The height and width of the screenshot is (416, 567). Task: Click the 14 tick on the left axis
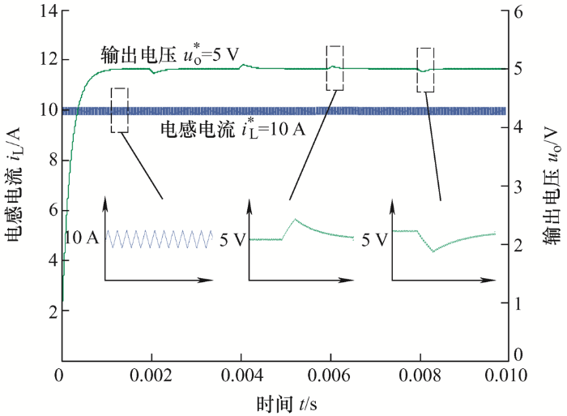[x=49, y=11]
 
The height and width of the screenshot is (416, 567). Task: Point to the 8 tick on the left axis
[x=53, y=160]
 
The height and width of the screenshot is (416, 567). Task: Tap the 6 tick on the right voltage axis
[x=518, y=12]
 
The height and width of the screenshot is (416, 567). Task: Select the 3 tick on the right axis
[x=518, y=187]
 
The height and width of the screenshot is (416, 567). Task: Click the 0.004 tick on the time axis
[x=241, y=375]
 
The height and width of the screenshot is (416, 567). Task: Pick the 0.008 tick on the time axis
[x=420, y=375]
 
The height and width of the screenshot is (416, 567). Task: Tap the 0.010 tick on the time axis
[x=506, y=375]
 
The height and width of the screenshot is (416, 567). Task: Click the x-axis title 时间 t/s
[x=287, y=404]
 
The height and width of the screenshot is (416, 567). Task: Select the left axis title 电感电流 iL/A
[x=14, y=185]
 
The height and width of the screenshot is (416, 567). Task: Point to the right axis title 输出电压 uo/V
[x=552, y=186]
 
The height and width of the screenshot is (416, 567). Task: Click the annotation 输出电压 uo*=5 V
[x=170, y=55]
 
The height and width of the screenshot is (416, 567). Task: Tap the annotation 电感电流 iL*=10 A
[x=233, y=130]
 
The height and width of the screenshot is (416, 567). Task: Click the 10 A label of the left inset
[x=82, y=238]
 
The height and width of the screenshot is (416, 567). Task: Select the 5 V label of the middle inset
[x=233, y=240]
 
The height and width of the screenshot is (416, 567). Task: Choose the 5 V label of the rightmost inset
[x=374, y=240]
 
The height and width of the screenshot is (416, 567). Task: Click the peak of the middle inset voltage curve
[x=295, y=219]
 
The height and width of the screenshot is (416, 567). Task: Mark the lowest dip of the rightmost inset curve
[x=433, y=251]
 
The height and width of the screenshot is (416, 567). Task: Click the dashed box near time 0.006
[x=335, y=68]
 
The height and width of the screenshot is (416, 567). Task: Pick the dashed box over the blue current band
[x=120, y=110]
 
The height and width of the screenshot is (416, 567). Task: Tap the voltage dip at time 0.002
[x=154, y=73]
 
